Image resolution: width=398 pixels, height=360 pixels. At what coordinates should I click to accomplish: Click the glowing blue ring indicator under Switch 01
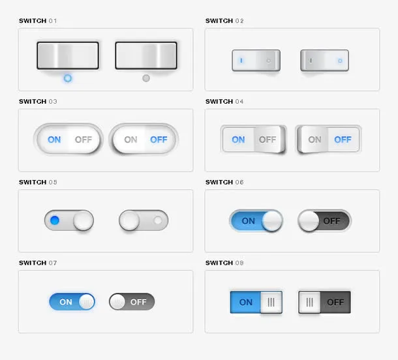(x=68, y=78)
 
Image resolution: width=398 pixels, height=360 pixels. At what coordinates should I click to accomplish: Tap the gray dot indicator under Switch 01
(x=146, y=78)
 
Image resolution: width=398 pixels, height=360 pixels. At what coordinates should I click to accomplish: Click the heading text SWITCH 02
(x=224, y=21)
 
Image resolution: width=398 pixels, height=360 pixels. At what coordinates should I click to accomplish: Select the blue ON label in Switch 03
(x=54, y=140)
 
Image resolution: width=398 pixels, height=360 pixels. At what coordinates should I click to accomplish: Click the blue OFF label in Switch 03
(x=159, y=140)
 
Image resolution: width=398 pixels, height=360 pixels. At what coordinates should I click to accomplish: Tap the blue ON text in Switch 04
(x=238, y=140)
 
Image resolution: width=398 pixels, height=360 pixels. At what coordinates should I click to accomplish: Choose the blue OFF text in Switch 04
(x=343, y=140)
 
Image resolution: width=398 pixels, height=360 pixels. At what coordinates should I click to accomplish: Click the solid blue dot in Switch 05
(x=55, y=220)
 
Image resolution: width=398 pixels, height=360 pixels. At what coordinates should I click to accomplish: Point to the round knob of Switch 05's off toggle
(x=129, y=220)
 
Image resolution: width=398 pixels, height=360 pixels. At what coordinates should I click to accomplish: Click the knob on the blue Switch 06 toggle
(x=272, y=221)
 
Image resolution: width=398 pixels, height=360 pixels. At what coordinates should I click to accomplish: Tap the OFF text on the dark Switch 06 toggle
(x=331, y=221)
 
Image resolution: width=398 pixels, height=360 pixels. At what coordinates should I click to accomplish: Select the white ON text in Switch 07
(x=66, y=302)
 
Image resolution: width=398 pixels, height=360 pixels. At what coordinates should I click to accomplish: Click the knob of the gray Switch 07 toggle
(x=117, y=302)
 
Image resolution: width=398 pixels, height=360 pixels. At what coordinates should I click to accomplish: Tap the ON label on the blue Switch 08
(x=246, y=302)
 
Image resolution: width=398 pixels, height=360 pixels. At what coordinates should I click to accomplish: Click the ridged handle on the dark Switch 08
(x=310, y=302)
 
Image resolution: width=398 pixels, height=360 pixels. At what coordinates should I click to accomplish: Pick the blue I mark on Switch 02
(x=241, y=61)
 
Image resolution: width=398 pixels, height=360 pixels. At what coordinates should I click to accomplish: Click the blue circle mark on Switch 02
(x=340, y=61)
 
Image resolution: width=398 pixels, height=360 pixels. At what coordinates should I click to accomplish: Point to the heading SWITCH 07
(x=38, y=263)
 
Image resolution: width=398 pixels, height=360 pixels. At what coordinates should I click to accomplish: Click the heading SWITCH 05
(x=38, y=182)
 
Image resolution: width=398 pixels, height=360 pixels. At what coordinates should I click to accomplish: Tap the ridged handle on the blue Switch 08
(x=271, y=302)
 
